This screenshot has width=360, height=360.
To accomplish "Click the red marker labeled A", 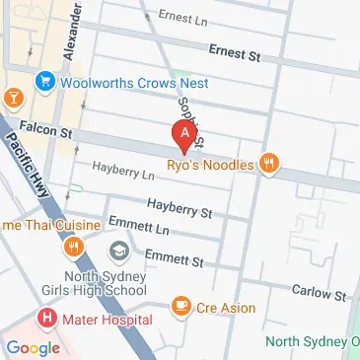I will (x=182, y=133).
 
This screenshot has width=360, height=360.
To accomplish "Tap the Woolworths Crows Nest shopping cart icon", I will (x=43, y=81).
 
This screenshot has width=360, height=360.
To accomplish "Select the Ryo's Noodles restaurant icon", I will (x=266, y=166).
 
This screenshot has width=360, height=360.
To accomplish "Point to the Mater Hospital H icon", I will (x=45, y=320).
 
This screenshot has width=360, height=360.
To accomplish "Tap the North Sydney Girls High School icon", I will (x=119, y=252).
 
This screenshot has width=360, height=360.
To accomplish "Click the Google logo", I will (x=33, y=347).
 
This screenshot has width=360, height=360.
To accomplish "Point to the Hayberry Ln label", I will (x=124, y=174).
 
